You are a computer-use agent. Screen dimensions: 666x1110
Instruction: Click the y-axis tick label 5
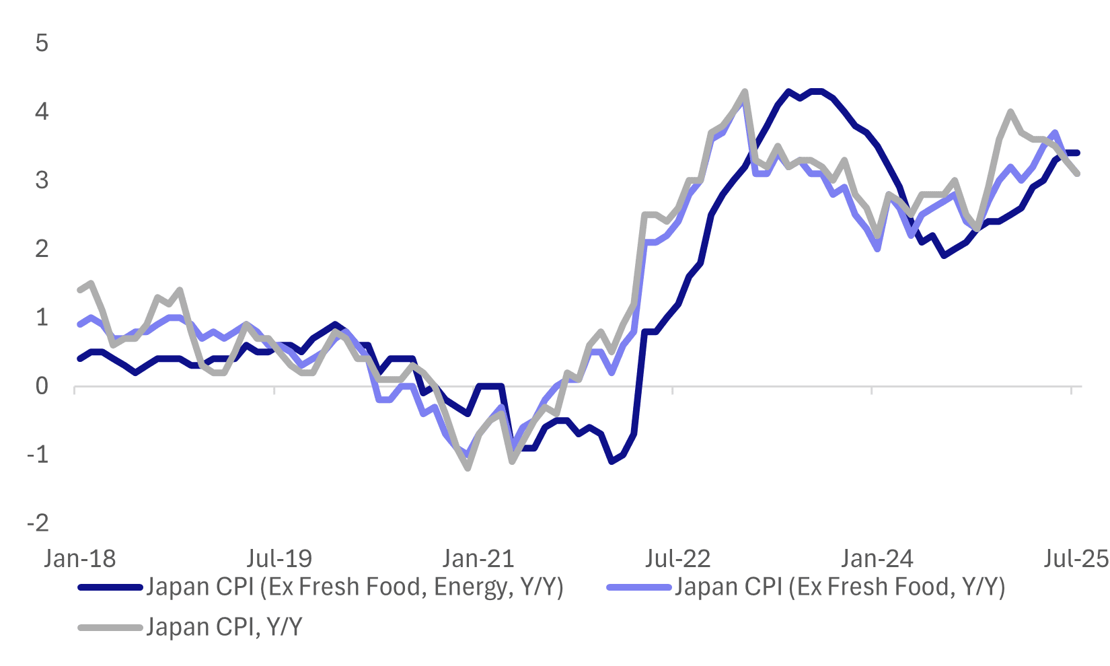point(42,43)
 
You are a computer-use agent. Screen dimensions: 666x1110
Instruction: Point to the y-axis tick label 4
point(42,112)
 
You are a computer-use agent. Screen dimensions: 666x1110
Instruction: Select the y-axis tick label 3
point(42,180)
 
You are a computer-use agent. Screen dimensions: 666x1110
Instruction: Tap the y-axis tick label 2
point(42,249)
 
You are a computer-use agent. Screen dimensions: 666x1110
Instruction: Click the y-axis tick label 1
point(42,318)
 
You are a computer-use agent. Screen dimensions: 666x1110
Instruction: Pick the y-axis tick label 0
point(42,386)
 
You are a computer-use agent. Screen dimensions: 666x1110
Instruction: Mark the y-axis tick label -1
point(38,455)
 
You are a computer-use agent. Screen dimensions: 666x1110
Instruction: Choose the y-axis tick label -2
point(38,523)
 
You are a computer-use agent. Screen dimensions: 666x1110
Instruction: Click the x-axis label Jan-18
point(79,558)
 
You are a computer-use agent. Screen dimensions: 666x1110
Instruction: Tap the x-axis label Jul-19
point(279,558)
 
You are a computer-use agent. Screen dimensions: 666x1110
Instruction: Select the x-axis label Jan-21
point(478,558)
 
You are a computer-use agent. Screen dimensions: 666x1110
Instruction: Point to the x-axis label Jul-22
point(677,558)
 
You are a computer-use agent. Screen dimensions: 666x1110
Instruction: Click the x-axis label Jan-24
point(877,558)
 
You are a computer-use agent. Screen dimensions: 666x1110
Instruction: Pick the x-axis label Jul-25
point(1075,558)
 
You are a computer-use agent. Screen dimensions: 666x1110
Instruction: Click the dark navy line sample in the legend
point(111,588)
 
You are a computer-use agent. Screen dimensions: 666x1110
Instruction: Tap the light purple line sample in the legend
point(639,588)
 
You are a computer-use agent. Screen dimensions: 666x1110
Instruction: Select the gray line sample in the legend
point(111,628)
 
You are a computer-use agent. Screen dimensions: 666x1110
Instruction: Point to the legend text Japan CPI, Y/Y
point(224,628)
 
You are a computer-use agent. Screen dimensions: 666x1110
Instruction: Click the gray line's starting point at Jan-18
point(80,290)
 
